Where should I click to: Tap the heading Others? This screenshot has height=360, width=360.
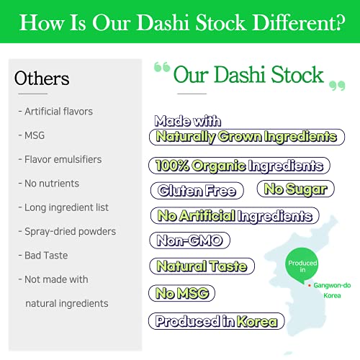tap(42, 78)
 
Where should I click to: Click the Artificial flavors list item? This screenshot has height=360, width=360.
tap(55, 112)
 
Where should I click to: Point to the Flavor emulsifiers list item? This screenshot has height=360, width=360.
tap(60, 159)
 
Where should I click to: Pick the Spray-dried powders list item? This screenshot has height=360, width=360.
tap(66, 231)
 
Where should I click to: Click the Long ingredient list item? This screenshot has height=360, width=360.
tap(63, 207)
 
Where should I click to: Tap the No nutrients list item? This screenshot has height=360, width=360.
tap(48, 184)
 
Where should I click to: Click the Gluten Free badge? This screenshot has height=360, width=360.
tap(197, 191)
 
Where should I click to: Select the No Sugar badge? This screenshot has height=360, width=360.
tap(296, 189)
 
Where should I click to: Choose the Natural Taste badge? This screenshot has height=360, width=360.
tap(202, 266)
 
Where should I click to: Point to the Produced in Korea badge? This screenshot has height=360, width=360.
tap(217, 321)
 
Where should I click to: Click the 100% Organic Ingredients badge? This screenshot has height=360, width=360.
tap(239, 166)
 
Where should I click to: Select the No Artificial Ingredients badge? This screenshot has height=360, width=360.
tap(235, 215)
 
